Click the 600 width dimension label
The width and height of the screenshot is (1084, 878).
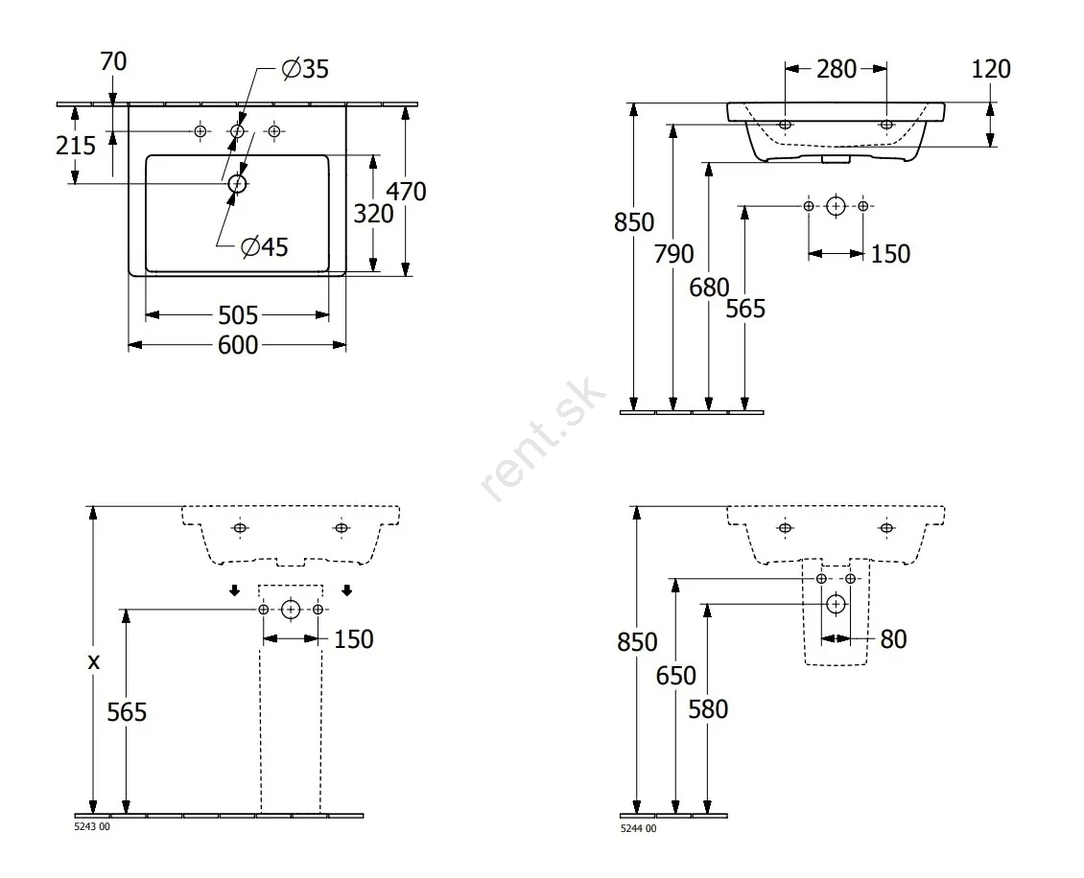[238, 345]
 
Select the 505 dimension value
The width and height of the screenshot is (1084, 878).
[238, 315]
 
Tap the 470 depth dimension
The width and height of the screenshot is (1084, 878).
[406, 192]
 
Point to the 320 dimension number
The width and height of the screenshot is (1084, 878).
[373, 214]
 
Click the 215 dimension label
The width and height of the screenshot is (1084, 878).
[76, 146]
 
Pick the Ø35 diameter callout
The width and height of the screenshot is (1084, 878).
[305, 69]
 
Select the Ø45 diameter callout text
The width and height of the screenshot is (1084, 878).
[264, 246]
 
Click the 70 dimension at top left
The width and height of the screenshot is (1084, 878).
[113, 61]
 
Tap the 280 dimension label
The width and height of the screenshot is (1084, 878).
[837, 69]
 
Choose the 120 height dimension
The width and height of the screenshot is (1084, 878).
[991, 69]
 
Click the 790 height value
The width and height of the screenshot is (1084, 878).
[674, 254]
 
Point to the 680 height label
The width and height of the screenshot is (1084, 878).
[709, 288]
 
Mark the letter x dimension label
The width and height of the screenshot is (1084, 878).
[94, 661]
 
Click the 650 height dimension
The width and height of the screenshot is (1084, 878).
[675, 676]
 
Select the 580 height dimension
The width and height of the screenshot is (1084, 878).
[708, 709]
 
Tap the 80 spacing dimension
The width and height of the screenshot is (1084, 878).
[893, 639]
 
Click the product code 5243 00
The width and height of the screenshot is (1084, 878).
[92, 827]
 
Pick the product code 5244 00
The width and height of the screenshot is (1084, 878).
[639, 828]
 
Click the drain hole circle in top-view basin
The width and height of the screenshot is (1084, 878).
[237, 183]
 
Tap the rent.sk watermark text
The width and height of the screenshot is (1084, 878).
[543, 440]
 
